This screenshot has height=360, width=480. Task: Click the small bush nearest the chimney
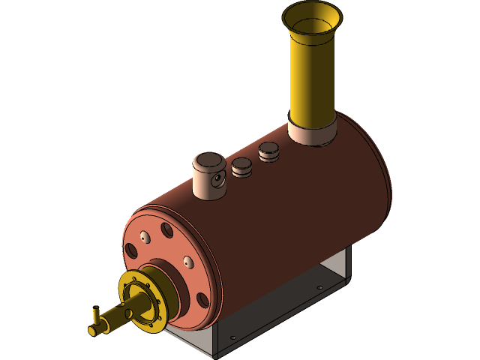tap(268, 151)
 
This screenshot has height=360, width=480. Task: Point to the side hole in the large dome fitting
tap(217, 181)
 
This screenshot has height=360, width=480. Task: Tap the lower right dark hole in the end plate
tap(202, 300)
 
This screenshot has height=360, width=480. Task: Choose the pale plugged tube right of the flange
tap(187, 262)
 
